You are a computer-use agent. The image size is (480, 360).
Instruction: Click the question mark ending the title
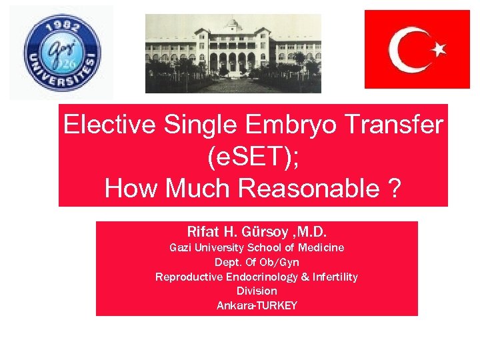point(395,189)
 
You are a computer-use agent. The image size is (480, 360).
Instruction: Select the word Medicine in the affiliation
point(322,247)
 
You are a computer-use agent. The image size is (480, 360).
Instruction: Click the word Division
point(257,291)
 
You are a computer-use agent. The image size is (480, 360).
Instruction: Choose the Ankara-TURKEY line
point(257,306)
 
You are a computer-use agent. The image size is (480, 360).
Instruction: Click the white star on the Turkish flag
point(438,49)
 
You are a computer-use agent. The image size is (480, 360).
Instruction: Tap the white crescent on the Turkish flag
point(407,49)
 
